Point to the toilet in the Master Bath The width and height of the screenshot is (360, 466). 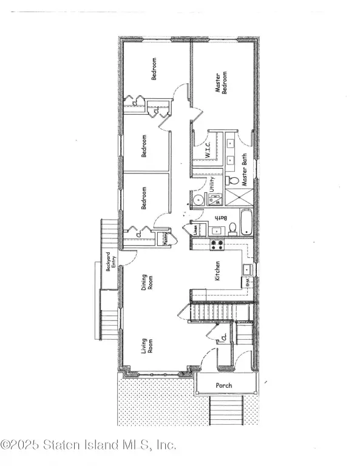[232, 181]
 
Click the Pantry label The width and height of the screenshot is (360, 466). [165, 239]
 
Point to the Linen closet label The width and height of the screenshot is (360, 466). [195, 231]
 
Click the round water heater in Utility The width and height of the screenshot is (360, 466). [198, 201]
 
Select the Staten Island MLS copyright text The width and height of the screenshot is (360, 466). [89, 444]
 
